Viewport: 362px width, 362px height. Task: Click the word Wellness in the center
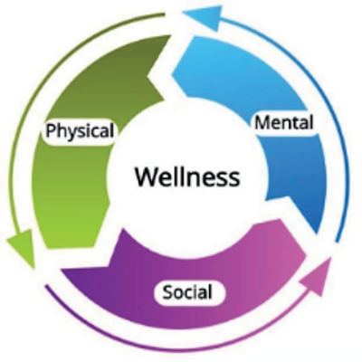click(187, 176)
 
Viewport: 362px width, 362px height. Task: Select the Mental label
click(284, 123)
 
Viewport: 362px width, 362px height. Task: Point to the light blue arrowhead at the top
click(205, 17)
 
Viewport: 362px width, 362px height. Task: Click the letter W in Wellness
click(148, 176)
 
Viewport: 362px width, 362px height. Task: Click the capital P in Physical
click(51, 131)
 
